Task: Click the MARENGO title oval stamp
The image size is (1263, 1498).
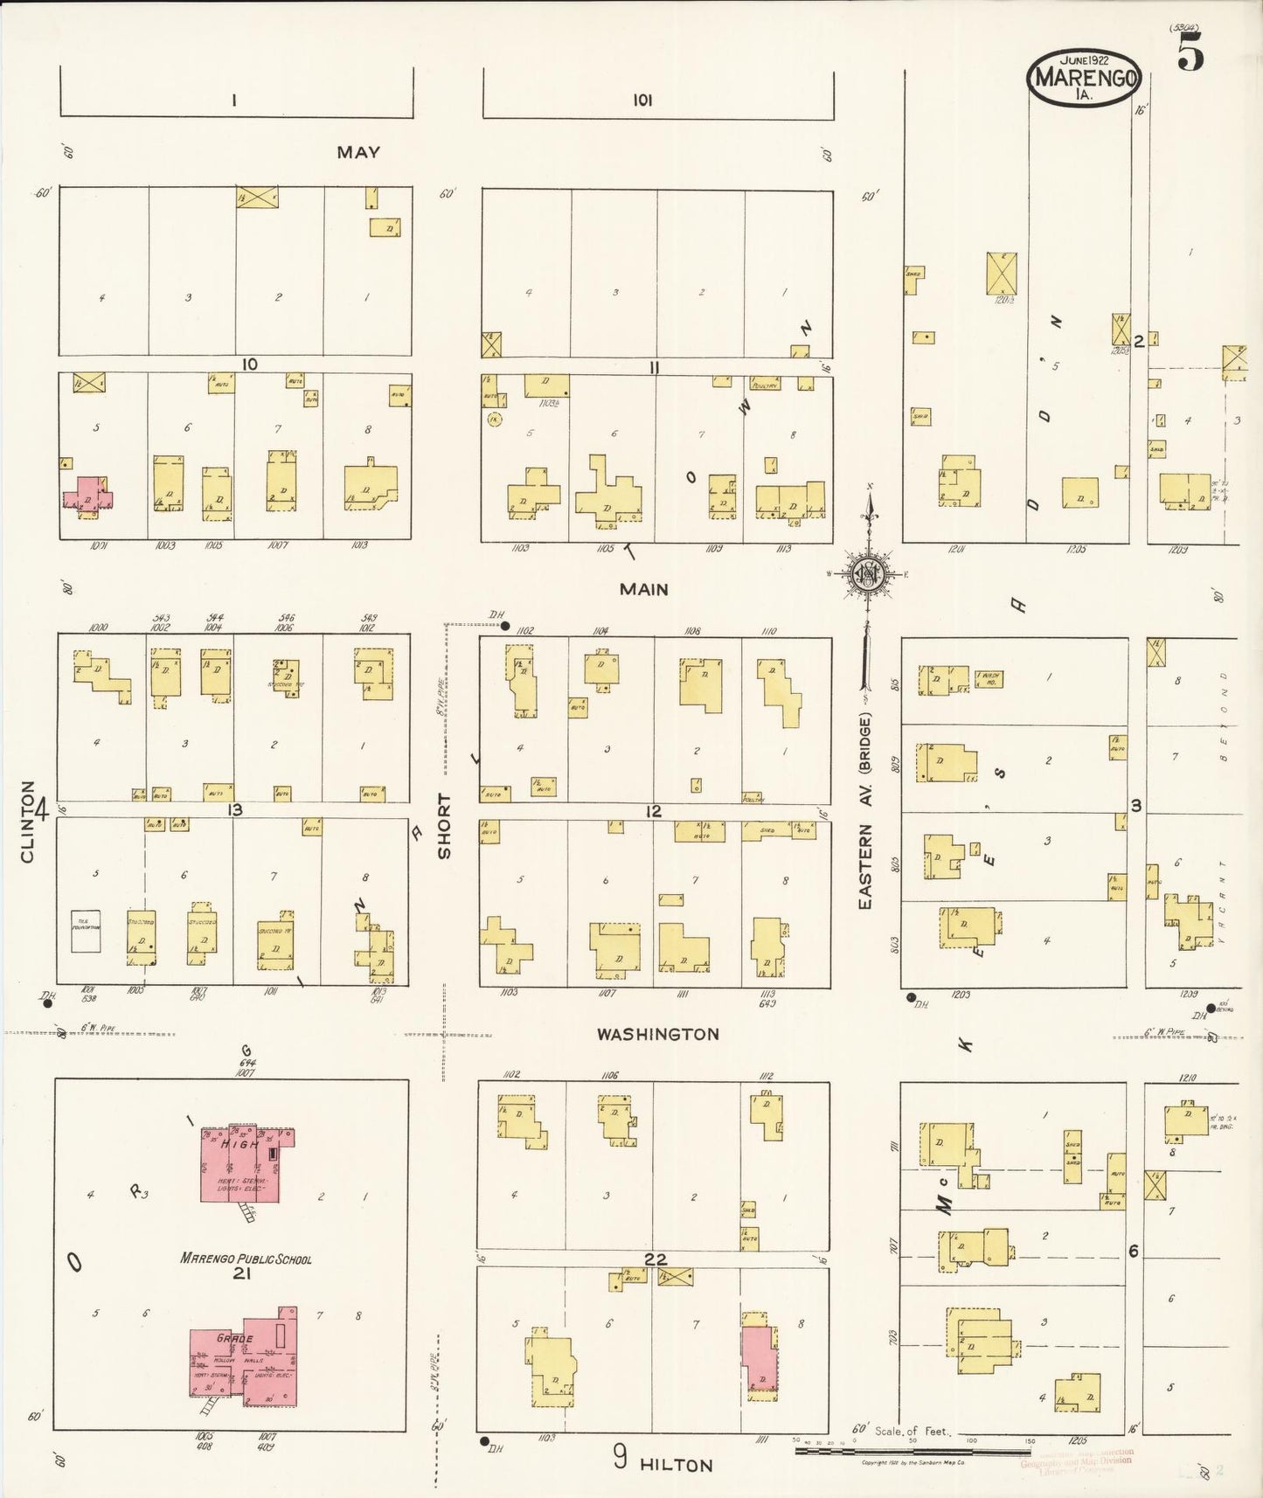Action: pyautogui.click(x=1084, y=77)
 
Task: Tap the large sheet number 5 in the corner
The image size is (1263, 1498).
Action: pyautogui.click(x=1190, y=54)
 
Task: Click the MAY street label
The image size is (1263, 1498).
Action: pyautogui.click(x=358, y=152)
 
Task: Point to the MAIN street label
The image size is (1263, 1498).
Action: pyautogui.click(x=643, y=589)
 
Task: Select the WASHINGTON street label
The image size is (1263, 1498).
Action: pyautogui.click(x=657, y=1034)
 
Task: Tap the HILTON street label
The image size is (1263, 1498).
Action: pyautogui.click(x=676, y=1465)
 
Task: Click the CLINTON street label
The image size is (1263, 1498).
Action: pyautogui.click(x=27, y=822)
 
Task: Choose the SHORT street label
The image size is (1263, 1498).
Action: pyautogui.click(x=445, y=826)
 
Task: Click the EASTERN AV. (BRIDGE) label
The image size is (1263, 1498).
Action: pyautogui.click(x=865, y=810)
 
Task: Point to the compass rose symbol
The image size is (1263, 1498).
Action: pyautogui.click(x=869, y=574)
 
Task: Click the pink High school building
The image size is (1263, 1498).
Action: pyautogui.click(x=246, y=1163)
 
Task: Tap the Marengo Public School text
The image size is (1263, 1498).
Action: pyautogui.click(x=246, y=1259)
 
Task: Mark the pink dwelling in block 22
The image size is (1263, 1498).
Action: pyautogui.click(x=759, y=1358)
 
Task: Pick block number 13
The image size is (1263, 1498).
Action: pyautogui.click(x=234, y=810)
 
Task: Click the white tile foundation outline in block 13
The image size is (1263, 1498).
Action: pyautogui.click(x=86, y=931)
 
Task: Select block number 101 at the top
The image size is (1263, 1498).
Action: pyautogui.click(x=642, y=101)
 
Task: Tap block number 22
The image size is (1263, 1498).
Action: pyautogui.click(x=656, y=1259)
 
